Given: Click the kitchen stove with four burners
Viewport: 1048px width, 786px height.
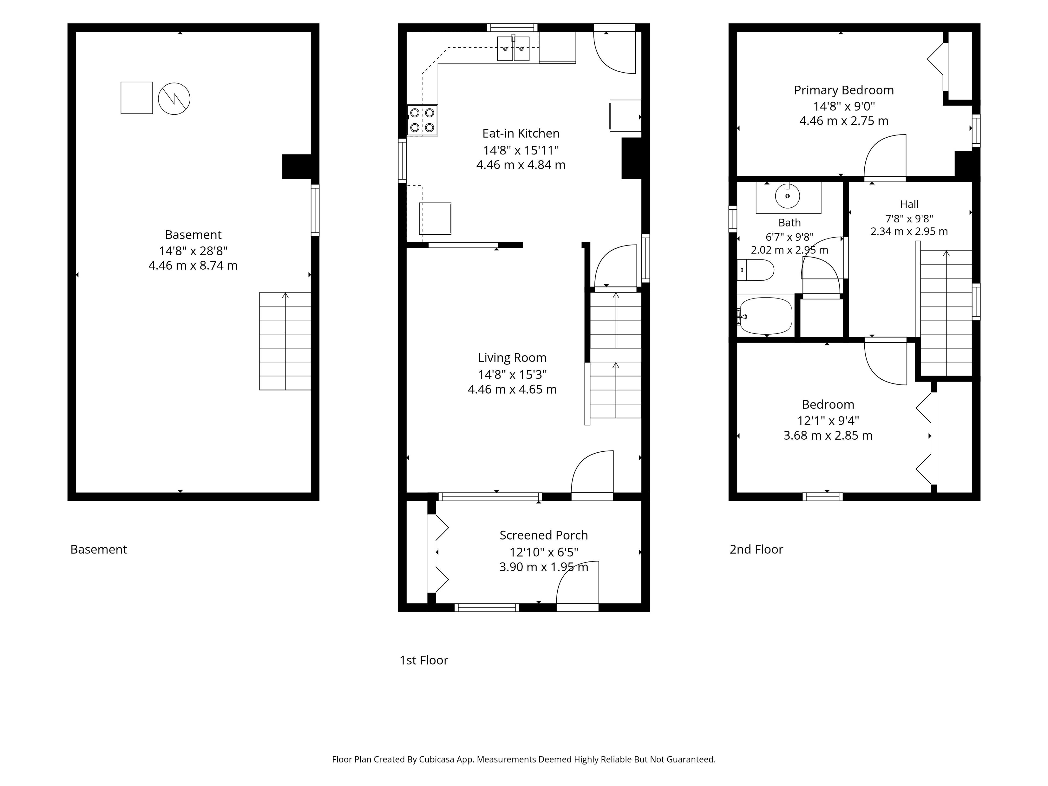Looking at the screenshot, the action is [422, 120].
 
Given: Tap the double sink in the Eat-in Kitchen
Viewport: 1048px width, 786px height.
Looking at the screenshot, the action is [513, 48].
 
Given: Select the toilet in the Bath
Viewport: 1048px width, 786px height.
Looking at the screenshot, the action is [756, 270].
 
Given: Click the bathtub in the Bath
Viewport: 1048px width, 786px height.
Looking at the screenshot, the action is [765, 315].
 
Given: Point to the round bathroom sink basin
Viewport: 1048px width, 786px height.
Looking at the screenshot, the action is [787, 196].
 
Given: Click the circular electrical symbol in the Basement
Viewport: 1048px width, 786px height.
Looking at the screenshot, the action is [174, 99].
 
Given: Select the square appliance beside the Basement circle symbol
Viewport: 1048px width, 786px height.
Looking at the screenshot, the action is [136, 98].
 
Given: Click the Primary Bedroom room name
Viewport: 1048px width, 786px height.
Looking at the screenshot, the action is [844, 90].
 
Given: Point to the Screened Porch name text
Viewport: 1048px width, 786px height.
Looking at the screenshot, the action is [543, 535].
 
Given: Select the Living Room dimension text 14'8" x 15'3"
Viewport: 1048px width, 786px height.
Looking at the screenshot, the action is [512, 374].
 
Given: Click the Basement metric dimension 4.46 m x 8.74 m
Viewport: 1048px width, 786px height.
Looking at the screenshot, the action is [193, 265].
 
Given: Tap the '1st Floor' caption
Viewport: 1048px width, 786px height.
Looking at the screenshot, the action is [424, 660].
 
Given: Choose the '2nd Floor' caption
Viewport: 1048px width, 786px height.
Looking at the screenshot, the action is [756, 549].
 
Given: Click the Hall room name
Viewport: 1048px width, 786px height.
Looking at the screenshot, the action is [909, 204].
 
